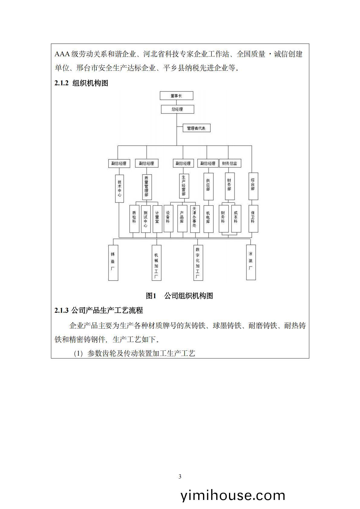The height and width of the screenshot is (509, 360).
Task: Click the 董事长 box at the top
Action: coord(176,96)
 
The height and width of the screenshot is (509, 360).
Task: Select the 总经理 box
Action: coord(178,109)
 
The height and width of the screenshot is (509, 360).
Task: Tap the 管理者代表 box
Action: coord(197,128)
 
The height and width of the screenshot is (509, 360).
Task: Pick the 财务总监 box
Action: coord(230,163)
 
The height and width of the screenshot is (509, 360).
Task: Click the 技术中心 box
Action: coord(119,188)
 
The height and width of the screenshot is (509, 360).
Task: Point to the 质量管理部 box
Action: coord(147,187)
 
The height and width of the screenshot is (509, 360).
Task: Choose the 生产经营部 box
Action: coord(184,186)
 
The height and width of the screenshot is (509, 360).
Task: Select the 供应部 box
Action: coord(208,186)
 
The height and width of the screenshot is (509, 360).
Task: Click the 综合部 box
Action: coord(253,186)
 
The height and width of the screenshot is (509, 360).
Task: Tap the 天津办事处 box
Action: coord(195,219)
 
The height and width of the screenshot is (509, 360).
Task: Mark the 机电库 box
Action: coord(208,219)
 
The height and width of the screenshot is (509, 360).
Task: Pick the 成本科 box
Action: coord(236,219)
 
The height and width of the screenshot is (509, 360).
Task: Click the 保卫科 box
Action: coord(253,219)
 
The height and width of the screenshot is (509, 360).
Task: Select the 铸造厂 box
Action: coord(113,263)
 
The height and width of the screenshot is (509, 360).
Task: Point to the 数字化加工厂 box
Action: coord(198,263)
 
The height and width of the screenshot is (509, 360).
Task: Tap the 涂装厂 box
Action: coord(251,262)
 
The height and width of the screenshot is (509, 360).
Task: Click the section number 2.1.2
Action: coord(61,83)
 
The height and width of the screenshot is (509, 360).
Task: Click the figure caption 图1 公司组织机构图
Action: coord(179,295)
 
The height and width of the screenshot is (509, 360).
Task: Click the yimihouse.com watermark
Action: coord(233,495)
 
